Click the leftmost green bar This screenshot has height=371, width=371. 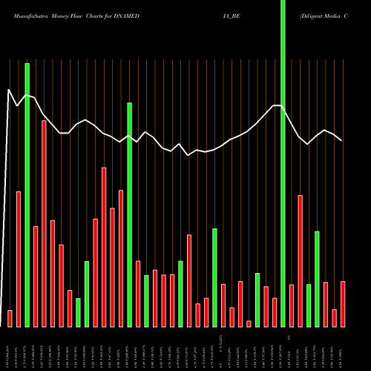coord(27,194)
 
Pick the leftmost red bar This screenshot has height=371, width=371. coord(10,318)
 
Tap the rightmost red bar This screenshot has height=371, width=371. coord(343,303)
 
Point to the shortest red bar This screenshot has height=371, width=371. coord(249,324)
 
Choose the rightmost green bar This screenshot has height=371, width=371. coord(317,278)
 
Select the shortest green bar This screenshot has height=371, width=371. coord(78,312)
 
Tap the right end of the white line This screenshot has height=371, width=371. coord(341,140)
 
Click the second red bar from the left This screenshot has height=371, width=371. coord(19,259)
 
